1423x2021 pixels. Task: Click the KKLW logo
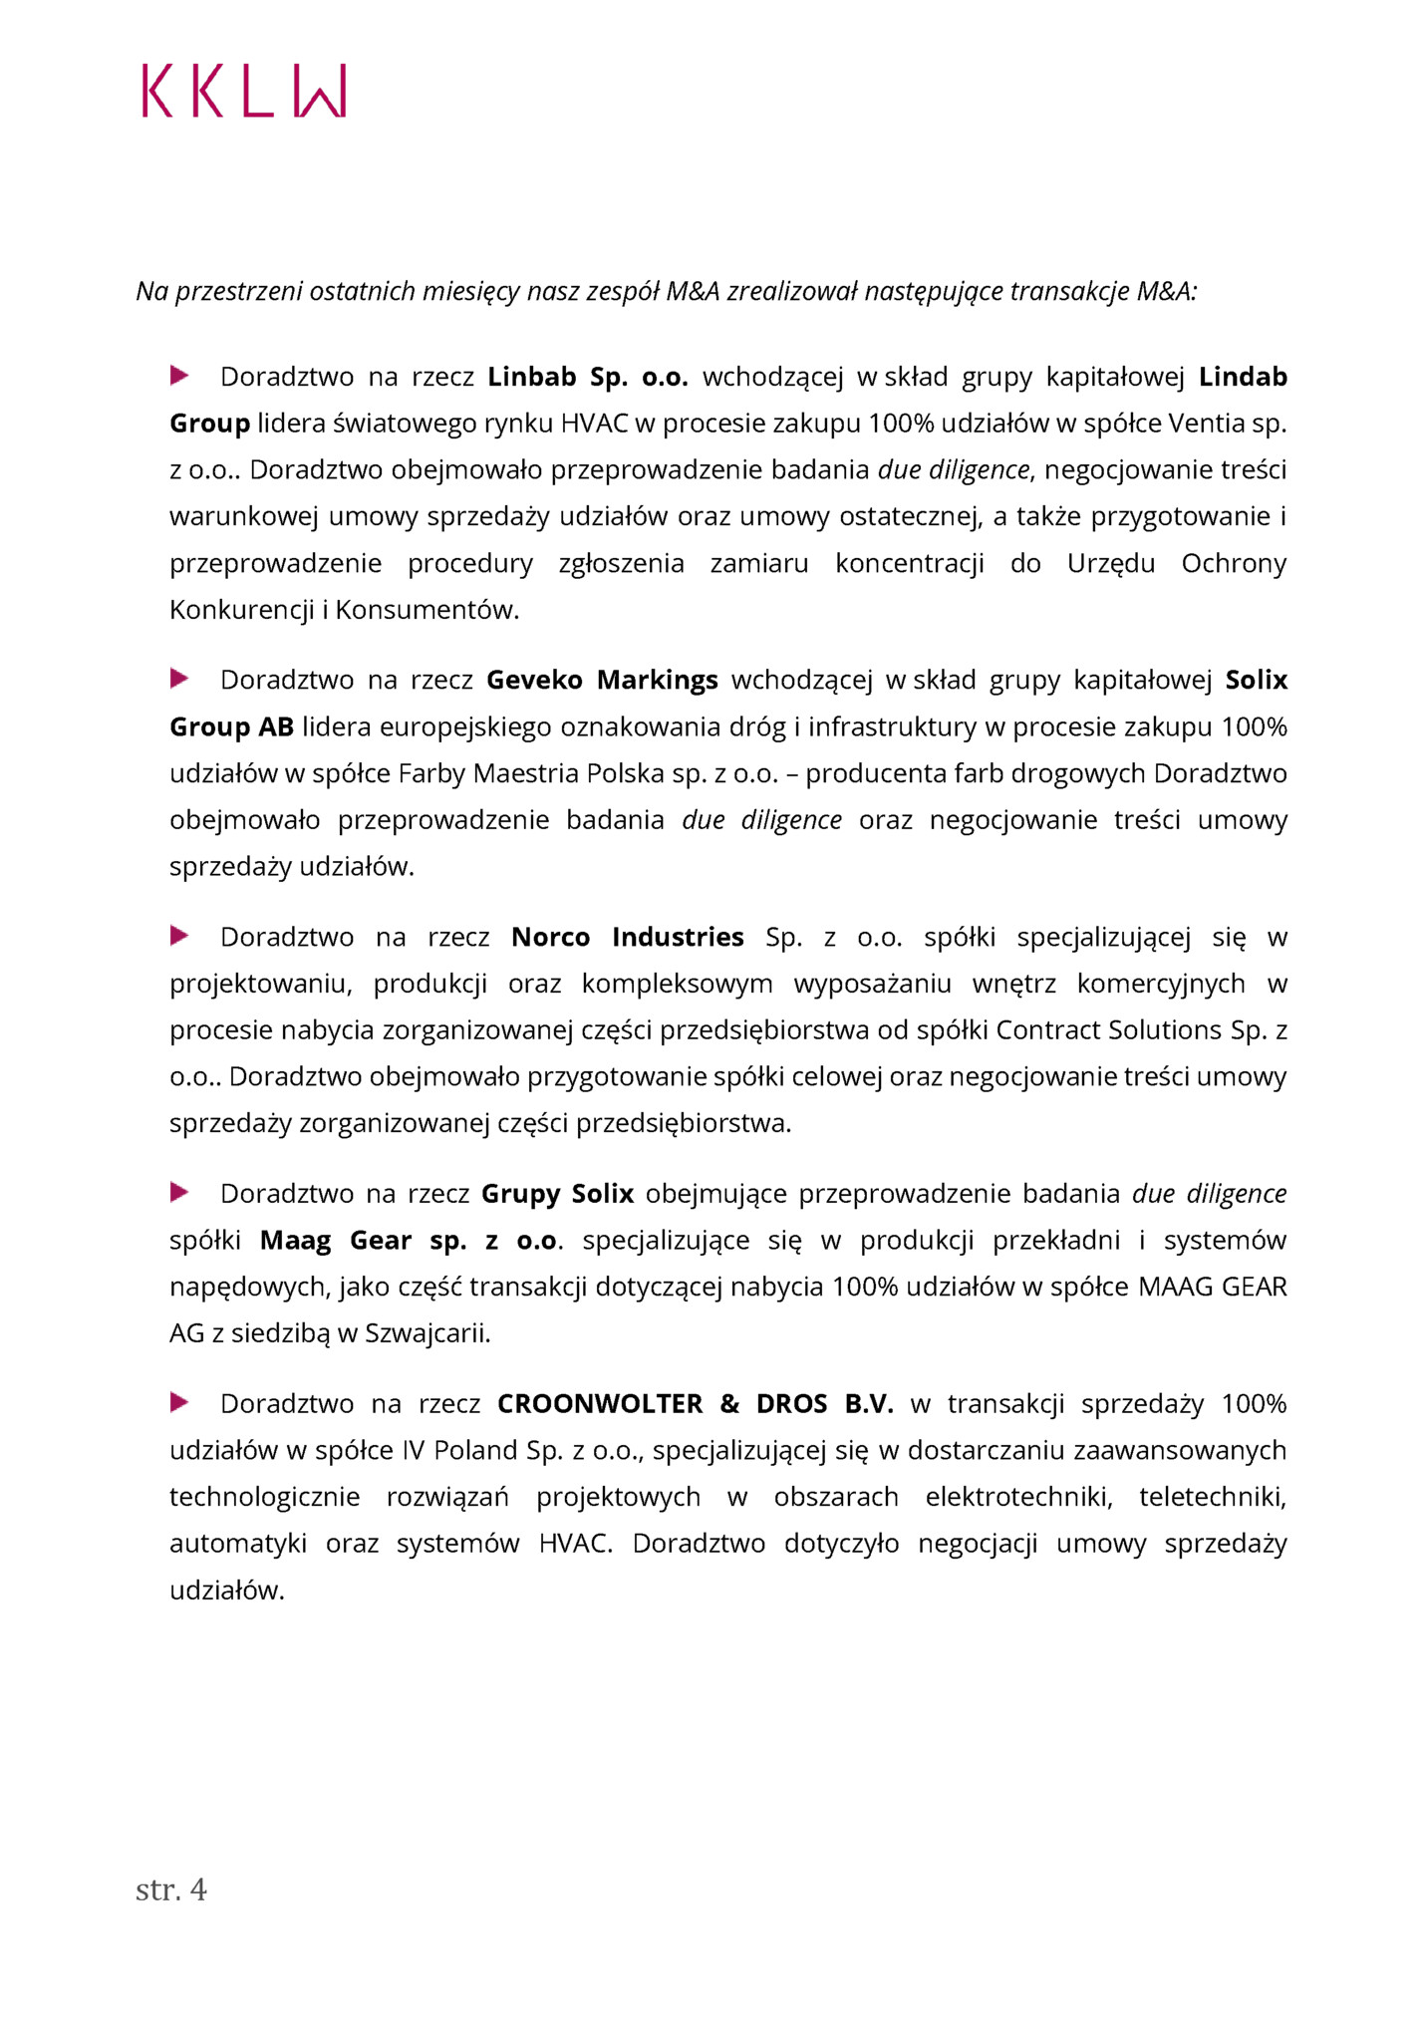[x=244, y=92]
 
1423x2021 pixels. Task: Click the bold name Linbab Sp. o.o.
[x=588, y=377]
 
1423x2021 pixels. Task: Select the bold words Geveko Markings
[x=602, y=680]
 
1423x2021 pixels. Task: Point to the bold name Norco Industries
[x=627, y=937]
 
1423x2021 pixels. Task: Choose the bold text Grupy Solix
[x=557, y=1193]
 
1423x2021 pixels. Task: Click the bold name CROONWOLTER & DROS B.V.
[x=695, y=1403]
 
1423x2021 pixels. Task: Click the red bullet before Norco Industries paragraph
[x=179, y=936]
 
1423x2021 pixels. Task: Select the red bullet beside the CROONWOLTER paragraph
[x=179, y=1402]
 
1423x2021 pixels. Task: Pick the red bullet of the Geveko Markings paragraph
[x=179, y=679]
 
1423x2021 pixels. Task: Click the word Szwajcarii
[x=427, y=1333]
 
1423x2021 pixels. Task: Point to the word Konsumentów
[x=427, y=610]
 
